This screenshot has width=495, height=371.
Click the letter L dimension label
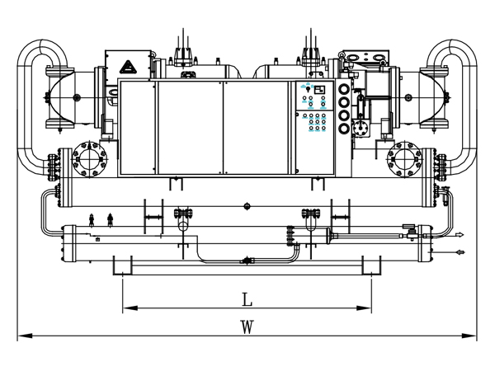tap(247, 300)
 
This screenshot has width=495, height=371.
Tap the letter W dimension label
tap(247, 327)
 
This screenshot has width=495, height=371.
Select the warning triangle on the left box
tap(128, 68)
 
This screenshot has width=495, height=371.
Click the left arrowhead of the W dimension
tap(25, 336)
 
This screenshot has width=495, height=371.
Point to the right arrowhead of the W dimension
tap(469, 336)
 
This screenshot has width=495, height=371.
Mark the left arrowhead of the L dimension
tap(130, 308)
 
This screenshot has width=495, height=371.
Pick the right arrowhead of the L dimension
tap(364, 308)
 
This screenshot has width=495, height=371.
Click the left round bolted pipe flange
tap(90, 159)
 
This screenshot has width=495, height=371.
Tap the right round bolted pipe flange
tap(405, 159)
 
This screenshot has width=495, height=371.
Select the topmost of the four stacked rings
tap(344, 90)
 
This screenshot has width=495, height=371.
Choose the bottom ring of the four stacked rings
tap(344, 128)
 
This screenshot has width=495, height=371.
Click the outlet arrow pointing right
tap(460, 235)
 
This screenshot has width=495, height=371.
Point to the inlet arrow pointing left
tap(460, 252)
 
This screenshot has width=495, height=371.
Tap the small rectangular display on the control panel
tap(319, 90)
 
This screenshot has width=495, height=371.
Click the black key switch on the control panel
tap(309, 89)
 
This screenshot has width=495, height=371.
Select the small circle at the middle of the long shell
tap(247, 207)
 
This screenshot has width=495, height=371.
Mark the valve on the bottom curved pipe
tap(247, 261)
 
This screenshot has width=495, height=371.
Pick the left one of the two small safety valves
tap(92, 220)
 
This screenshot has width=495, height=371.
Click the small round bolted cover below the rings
tap(359, 128)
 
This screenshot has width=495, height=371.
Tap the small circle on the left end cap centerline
tap(76, 97)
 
